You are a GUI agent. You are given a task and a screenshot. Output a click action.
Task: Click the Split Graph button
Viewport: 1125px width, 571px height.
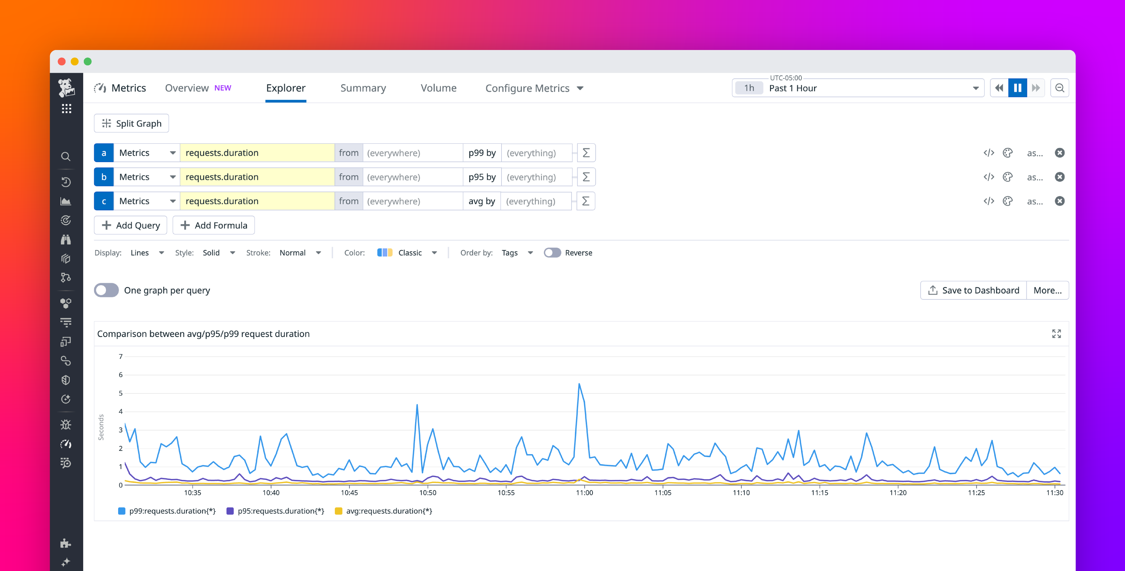pos(131,124)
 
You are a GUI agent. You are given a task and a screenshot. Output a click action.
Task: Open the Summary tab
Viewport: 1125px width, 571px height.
pos(363,88)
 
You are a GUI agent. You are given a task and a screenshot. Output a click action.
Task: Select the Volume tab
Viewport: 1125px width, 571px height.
pos(438,88)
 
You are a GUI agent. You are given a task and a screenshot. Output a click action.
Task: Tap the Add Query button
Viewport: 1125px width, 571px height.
pos(131,225)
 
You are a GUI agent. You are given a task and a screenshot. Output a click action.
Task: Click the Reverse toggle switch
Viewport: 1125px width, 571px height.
pos(552,253)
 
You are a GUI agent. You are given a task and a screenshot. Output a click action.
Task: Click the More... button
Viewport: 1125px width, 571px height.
pos(1047,290)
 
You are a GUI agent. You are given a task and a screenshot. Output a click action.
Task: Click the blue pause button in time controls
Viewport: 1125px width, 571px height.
pos(1017,88)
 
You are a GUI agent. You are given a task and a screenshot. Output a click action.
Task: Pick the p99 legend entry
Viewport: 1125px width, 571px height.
pos(167,511)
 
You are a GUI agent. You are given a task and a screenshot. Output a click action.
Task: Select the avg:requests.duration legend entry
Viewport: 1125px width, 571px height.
pos(384,511)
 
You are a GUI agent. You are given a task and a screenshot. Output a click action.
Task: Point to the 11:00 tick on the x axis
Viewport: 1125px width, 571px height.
pos(584,492)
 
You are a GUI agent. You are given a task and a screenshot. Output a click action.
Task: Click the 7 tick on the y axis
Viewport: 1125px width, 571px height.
pos(120,357)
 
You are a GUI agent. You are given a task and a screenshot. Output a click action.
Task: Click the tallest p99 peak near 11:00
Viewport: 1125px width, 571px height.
pos(579,384)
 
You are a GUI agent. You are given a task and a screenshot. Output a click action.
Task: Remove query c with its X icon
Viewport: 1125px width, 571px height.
pos(1060,201)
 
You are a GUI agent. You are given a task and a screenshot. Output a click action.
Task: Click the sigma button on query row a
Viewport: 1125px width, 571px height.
pos(586,153)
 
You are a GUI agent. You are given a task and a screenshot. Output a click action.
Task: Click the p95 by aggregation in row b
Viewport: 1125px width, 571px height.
pos(482,177)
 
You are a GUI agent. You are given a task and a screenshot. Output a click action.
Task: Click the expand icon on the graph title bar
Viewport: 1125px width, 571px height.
pos(1056,334)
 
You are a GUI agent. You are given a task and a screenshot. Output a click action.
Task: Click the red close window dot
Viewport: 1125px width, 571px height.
pos(62,62)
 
